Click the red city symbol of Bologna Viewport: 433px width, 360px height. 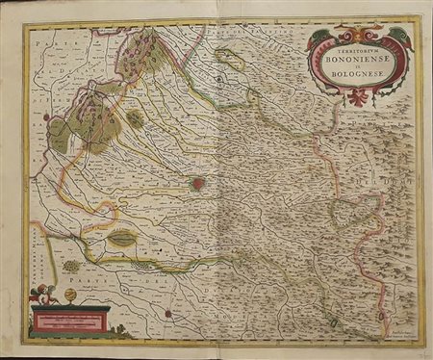click(198, 183)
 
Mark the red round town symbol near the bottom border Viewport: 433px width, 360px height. click(168, 312)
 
